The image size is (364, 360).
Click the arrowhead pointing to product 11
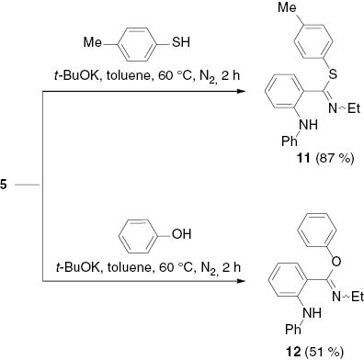246,92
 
